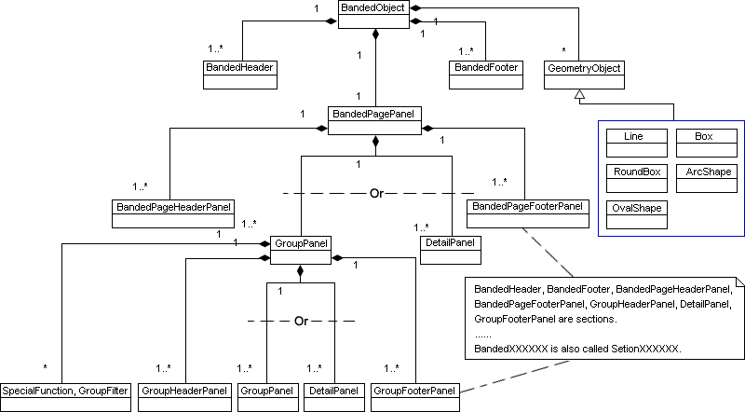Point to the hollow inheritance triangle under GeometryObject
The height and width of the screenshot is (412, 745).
578,95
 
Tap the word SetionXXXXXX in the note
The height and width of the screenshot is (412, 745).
649,348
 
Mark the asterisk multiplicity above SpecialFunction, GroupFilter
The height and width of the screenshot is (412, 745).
45,366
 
